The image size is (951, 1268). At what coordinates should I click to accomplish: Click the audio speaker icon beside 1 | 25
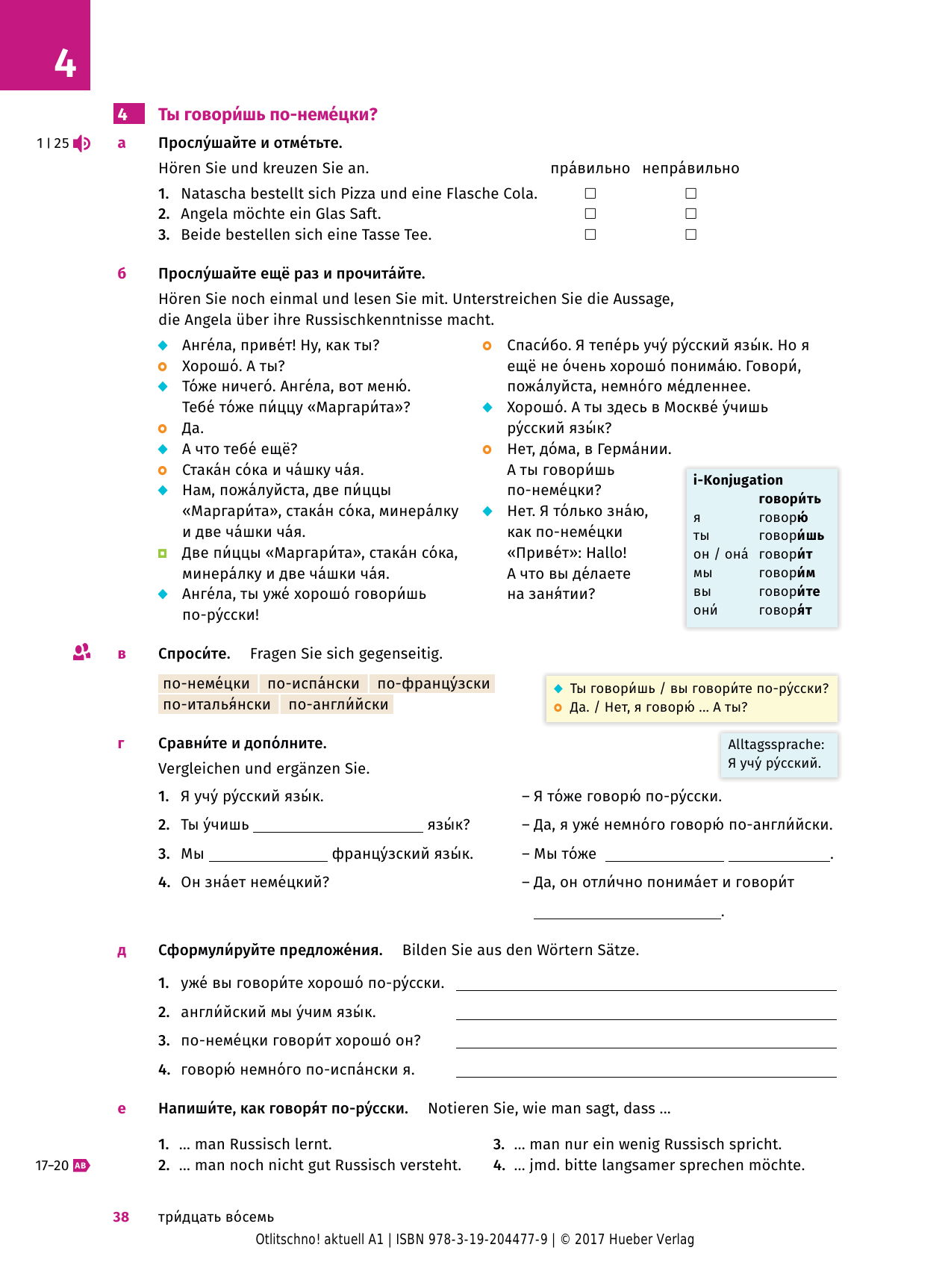(82, 143)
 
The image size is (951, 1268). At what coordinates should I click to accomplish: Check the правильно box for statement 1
(590, 193)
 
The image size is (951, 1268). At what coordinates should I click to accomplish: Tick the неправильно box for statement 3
(690, 234)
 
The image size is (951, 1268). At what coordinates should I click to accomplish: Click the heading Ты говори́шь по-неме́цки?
(267, 114)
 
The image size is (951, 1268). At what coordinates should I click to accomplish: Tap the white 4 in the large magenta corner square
(65, 63)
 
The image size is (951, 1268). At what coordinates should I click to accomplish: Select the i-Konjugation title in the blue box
(738, 480)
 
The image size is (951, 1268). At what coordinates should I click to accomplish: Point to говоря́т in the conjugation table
(785, 610)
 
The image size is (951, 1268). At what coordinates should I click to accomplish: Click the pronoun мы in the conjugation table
(702, 573)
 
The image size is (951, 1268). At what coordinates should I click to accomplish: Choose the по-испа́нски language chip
(314, 683)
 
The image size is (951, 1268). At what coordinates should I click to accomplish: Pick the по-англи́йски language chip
(338, 704)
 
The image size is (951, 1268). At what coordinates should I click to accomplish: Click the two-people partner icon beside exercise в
(81, 652)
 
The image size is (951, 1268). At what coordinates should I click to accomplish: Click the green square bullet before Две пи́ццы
(163, 553)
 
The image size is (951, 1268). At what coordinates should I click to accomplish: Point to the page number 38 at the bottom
(121, 1216)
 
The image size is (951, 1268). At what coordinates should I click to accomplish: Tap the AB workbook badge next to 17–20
(81, 1165)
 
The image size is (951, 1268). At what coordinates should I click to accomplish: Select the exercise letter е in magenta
(122, 1108)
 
